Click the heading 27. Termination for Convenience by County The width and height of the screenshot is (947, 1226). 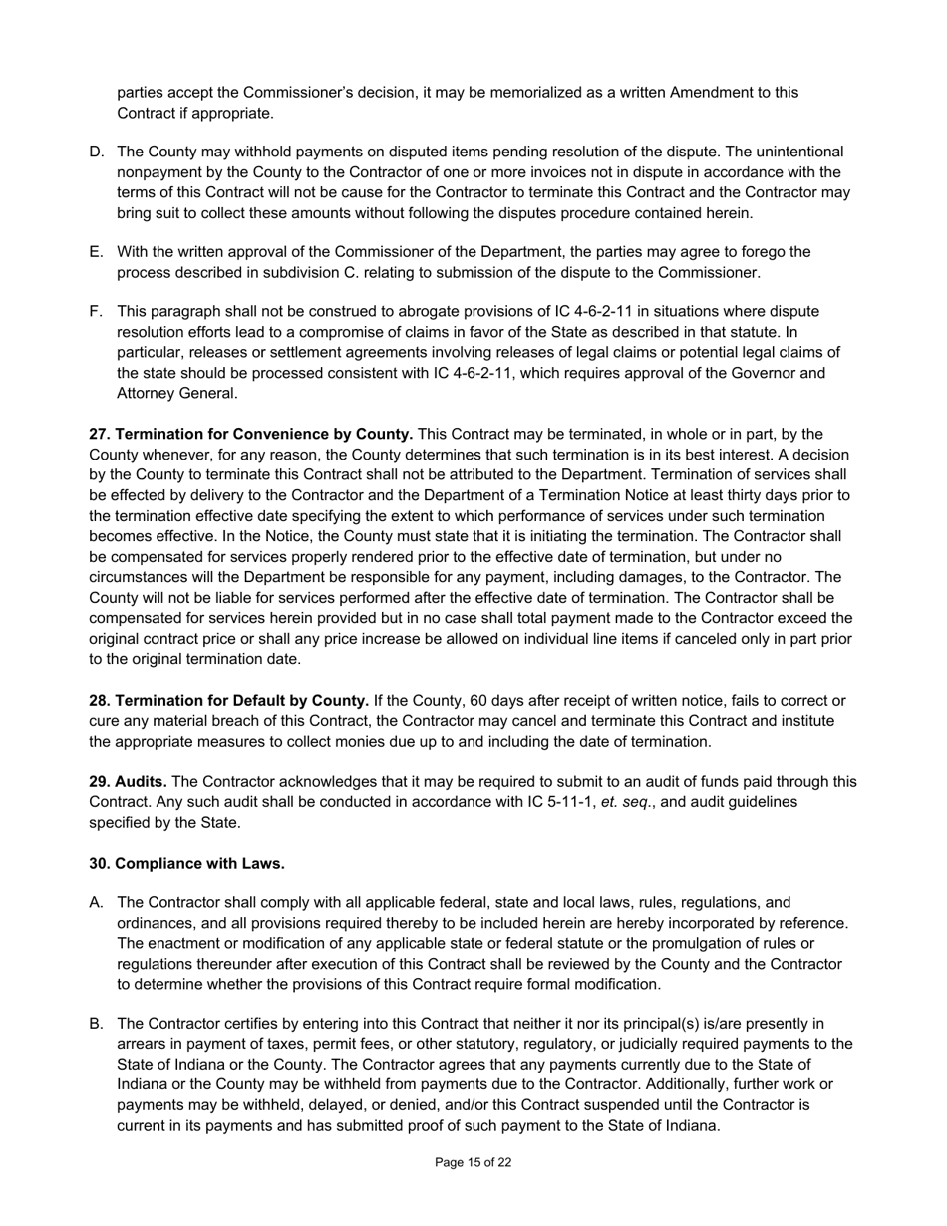251,434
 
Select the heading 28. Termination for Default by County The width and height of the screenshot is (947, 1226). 229,700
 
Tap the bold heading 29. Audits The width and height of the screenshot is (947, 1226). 128,782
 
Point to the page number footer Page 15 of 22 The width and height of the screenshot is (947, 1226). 473,1162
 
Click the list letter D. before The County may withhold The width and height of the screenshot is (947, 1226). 97,152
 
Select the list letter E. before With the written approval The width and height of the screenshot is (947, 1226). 97,252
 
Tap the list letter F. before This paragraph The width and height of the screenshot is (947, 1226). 97,312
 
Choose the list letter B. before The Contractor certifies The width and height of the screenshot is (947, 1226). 97,1023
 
